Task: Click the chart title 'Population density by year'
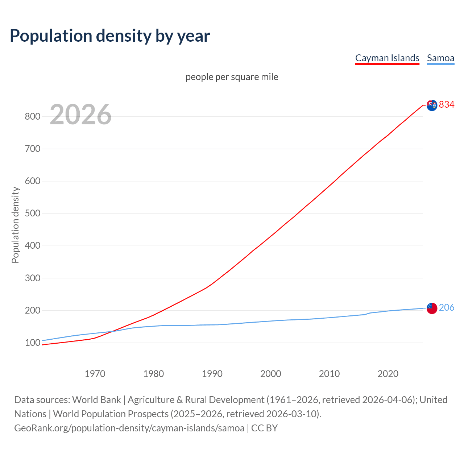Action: coord(110,36)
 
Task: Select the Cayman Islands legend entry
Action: coord(387,58)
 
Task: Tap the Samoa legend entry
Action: coord(440,58)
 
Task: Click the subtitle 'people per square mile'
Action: coord(232,77)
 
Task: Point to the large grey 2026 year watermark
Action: coord(80,115)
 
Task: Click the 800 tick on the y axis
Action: coord(32,116)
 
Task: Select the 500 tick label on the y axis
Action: coord(32,213)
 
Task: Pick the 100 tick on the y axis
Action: coord(32,343)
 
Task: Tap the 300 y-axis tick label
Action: coord(32,278)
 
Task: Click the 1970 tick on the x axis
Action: coord(95,374)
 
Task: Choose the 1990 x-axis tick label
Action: coord(212,374)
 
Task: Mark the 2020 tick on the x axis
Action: coord(388,374)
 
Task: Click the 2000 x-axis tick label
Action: coord(271,374)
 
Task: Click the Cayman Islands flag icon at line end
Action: coord(432,105)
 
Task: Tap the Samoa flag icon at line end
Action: coord(432,308)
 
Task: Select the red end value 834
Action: coord(447,104)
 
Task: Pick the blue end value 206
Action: coord(447,307)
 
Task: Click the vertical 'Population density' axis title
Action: coord(15,225)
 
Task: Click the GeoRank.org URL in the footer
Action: coord(129,428)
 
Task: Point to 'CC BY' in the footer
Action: coord(265,428)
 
